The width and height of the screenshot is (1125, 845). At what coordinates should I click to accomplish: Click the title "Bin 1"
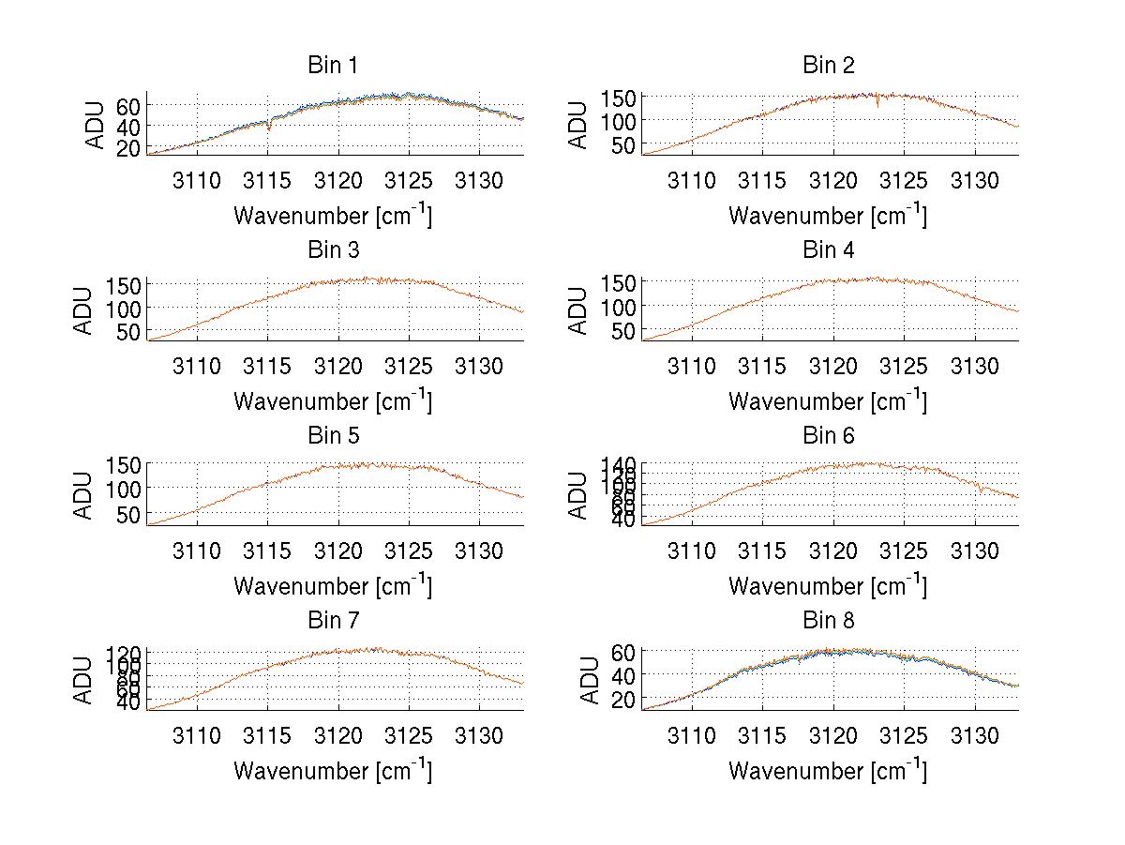coord(333,66)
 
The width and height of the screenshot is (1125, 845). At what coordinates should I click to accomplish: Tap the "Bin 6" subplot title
coord(829,436)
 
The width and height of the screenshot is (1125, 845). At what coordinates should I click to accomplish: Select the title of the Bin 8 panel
coord(829,621)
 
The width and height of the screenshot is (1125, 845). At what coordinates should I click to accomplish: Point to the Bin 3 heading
coord(333,250)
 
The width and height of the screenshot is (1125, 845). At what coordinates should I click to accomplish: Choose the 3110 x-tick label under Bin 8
coord(691,735)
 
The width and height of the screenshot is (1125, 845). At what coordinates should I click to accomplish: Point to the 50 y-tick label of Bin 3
coord(128,331)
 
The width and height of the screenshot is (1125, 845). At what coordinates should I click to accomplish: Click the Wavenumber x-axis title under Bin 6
coord(828,586)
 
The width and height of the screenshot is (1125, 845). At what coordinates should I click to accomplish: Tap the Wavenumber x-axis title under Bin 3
coord(333,401)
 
